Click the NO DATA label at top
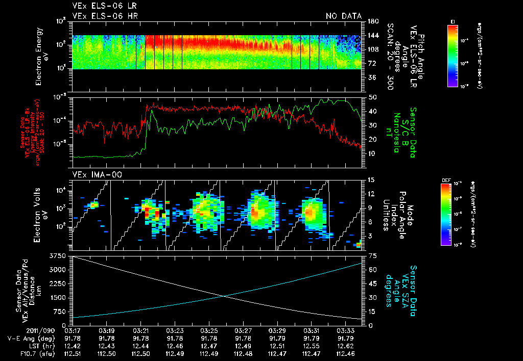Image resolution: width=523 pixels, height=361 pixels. (343, 16)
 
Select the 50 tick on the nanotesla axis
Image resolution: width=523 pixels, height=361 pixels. (373, 97)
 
